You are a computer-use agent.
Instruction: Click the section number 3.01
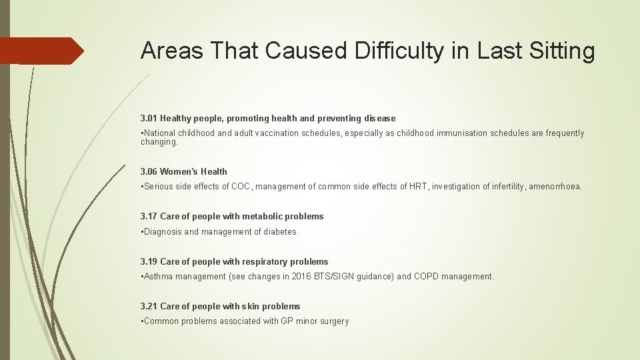coord(149,118)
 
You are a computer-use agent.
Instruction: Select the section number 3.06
coord(149,171)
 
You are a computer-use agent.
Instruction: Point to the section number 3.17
coord(149,216)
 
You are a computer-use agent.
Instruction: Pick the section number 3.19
coord(149,261)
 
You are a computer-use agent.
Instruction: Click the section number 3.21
coord(149,306)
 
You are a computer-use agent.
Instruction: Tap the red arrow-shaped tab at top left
coord(41,51)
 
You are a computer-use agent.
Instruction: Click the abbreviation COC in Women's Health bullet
coord(241,187)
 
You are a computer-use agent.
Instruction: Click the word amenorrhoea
coord(555,187)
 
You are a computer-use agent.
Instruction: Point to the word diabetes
coord(281,231)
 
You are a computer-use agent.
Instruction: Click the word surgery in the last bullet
coord(333,321)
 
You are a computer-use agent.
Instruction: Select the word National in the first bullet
coord(160,133)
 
